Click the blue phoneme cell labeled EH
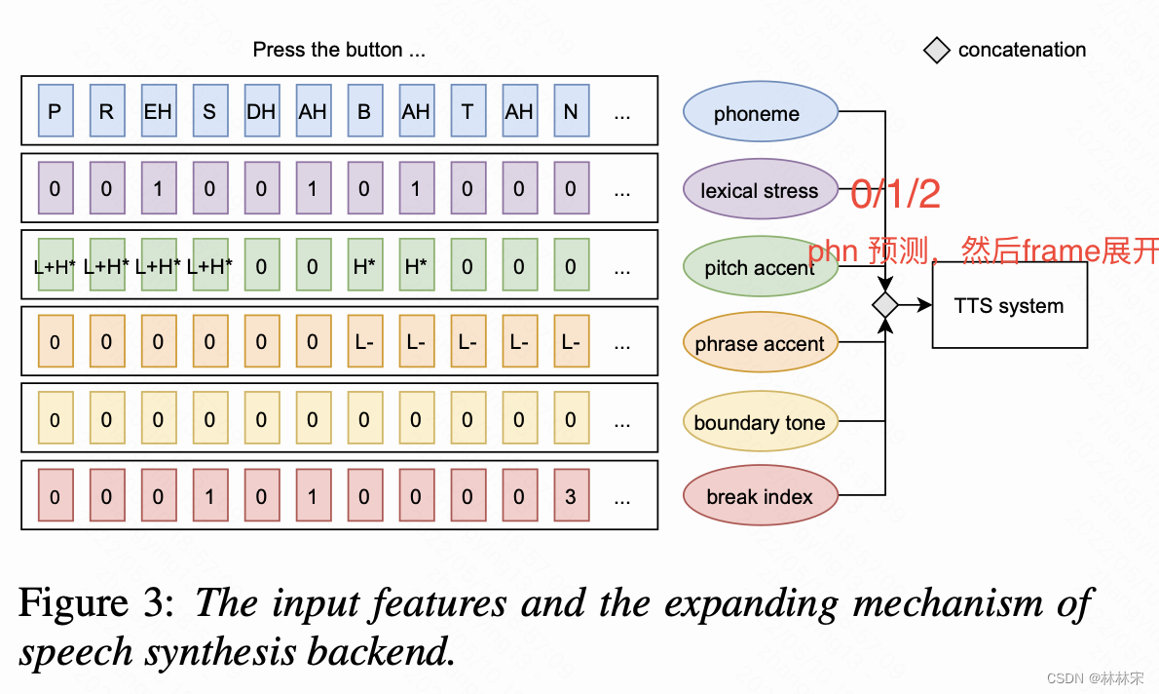[x=158, y=112]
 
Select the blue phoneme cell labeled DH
[x=261, y=112]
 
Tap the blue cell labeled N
[x=571, y=112]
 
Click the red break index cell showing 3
[x=571, y=496]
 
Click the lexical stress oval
[x=760, y=190]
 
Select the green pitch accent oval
[x=760, y=267]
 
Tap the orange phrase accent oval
[x=760, y=343]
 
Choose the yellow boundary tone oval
[x=760, y=421]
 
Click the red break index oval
[x=760, y=496]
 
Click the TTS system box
[x=1009, y=306]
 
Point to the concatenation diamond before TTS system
[x=884, y=305]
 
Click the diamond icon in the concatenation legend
[x=936, y=51]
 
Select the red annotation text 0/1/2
[x=895, y=195]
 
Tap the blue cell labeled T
[x=467, y=112]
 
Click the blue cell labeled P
[x=55, y=112]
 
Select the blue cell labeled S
[x=209, y=112]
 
